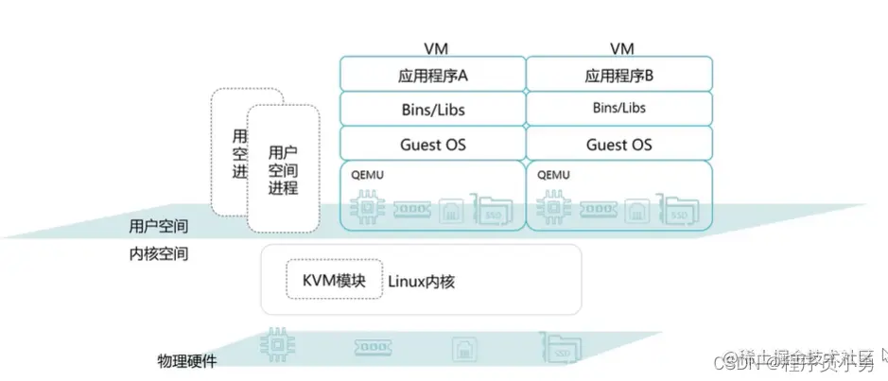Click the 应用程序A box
432,74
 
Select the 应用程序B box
618,74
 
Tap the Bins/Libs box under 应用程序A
432,109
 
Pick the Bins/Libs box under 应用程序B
618,109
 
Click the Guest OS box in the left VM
432,145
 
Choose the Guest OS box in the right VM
618,145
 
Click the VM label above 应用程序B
620,47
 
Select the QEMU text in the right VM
552,175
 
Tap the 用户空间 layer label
158,227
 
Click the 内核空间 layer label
158,253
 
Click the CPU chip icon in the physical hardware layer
276,346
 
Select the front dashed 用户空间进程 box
283,168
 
